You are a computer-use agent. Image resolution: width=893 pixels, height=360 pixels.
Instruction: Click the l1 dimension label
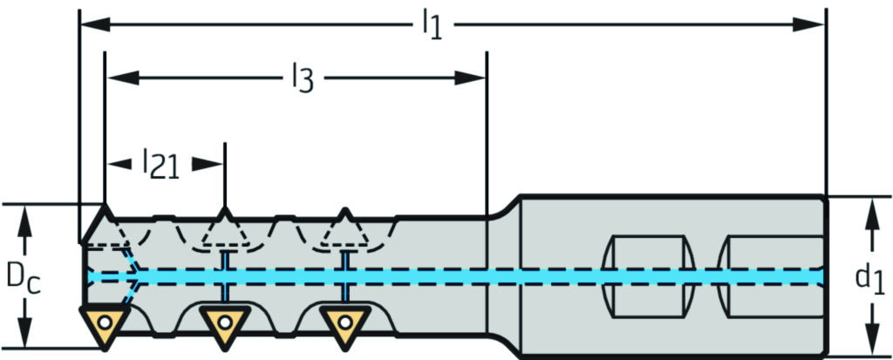[432, 24]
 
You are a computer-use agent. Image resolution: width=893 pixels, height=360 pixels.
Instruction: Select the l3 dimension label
[301, 78]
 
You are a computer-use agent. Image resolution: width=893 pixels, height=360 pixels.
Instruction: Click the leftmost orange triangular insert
[105, 325]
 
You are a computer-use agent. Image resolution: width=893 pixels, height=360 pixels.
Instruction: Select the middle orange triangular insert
[224, 325]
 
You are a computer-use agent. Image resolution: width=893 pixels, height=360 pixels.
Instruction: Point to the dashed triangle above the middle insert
[224, 231]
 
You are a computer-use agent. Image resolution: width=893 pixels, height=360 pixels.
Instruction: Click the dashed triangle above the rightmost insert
[344, 231]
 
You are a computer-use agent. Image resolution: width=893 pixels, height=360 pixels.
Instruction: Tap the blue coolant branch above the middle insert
[224, 261]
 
